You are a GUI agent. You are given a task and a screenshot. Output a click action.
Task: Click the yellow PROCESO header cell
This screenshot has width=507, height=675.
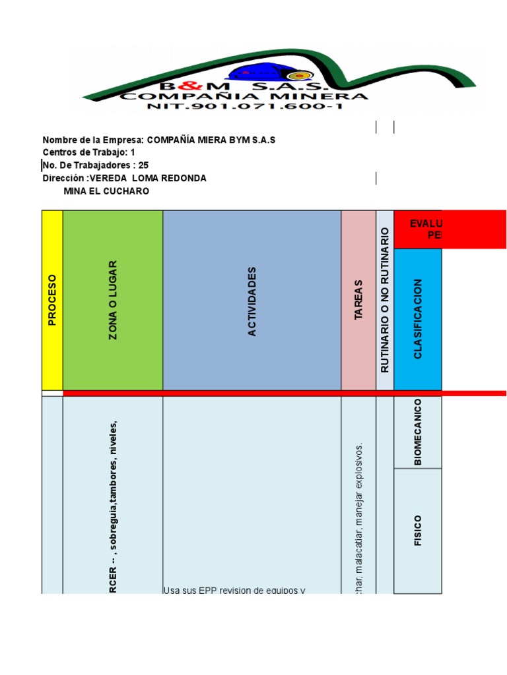[x=52, y=300]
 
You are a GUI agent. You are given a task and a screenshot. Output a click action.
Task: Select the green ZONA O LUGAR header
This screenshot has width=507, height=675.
[x=113, y=300]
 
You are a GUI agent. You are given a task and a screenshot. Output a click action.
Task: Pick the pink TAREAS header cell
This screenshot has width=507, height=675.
[x=358, y=300]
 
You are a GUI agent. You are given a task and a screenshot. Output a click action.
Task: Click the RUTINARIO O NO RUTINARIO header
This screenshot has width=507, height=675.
[x=385, y=300]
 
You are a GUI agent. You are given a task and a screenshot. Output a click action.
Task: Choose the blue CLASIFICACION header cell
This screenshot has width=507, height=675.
[x=417, y=318]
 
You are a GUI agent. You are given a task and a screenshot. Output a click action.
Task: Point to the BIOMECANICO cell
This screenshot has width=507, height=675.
[x=417, y=432]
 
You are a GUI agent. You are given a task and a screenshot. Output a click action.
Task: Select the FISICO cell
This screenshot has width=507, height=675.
[x=417, y=531]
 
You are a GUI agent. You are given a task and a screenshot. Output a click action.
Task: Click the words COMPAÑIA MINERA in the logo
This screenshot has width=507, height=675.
[x=244, y=96]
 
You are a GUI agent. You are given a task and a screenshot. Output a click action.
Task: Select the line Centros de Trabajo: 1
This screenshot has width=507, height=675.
[x=89, y=152]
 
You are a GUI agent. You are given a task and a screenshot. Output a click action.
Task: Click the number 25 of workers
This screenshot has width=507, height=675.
[x=143, y=165]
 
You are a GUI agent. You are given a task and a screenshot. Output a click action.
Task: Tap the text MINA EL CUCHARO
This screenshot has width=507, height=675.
[x=106, y=191]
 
